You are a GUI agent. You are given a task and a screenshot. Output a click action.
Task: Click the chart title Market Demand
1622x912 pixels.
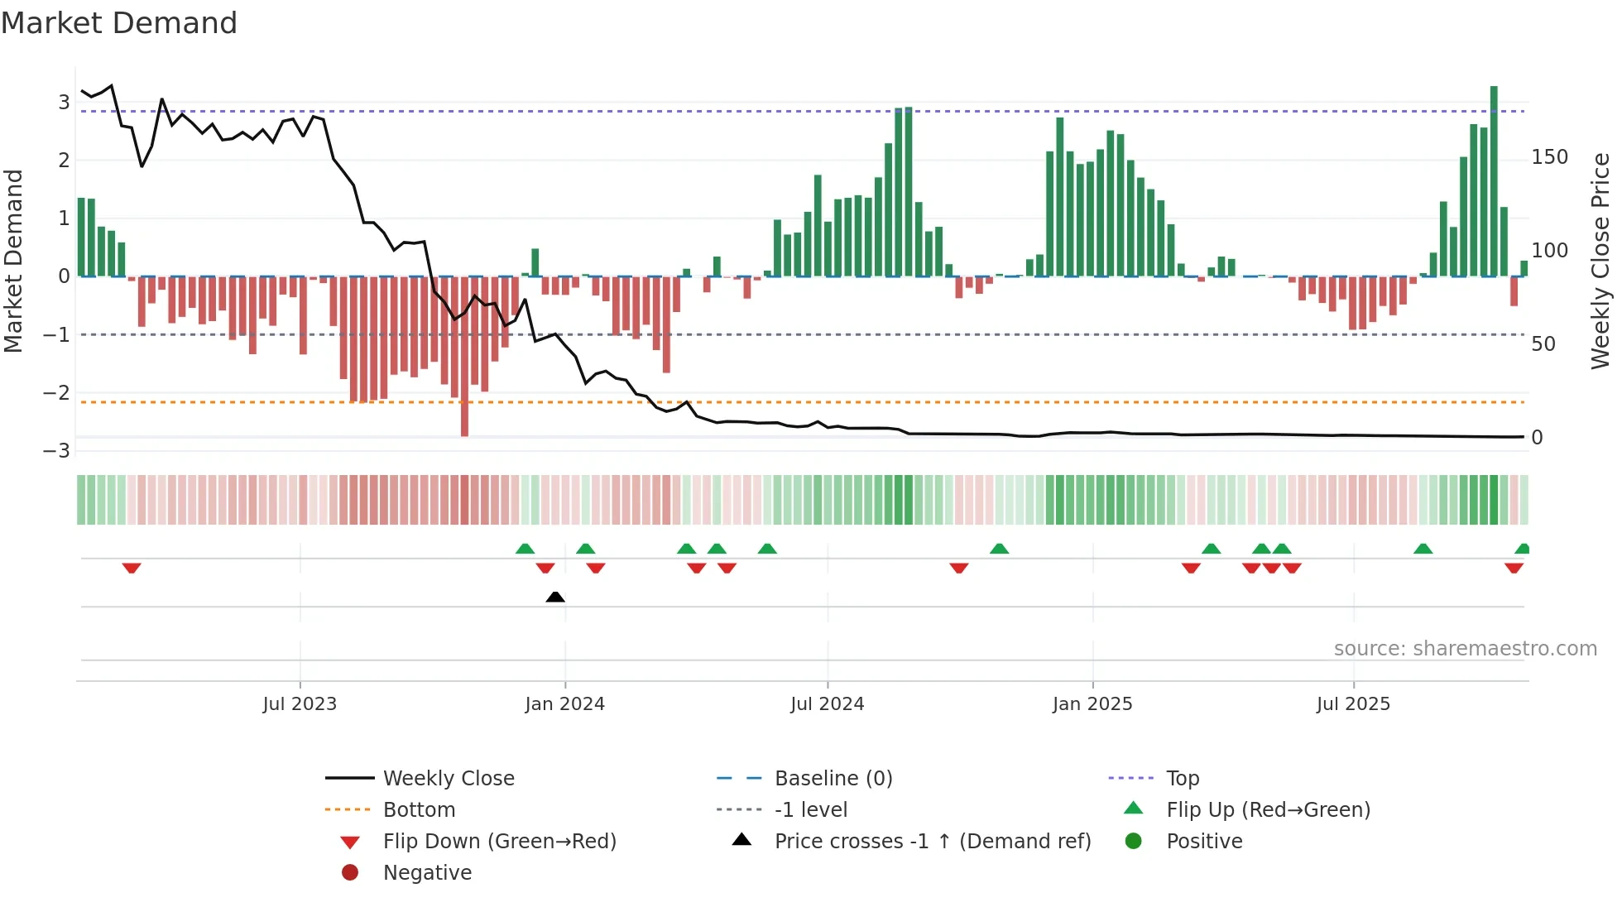tap(119, 23)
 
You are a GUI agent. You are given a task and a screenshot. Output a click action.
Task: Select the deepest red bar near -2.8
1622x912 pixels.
tap(464, 356)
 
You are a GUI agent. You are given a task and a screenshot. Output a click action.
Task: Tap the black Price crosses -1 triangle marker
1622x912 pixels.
tap(555, 597)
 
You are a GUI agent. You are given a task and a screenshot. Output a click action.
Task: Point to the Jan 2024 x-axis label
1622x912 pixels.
tap(564, 704)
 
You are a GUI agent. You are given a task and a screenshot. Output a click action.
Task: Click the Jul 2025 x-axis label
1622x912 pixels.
tap(1353, 704)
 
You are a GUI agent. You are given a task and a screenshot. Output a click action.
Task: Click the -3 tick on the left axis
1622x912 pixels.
tap(56, 451)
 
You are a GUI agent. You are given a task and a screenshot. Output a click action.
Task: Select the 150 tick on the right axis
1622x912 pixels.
tap(1549, 157)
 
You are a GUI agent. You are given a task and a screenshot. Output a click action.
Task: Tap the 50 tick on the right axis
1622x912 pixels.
tap(1543, 344)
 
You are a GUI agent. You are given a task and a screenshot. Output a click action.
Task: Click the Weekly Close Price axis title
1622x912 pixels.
tap(1600, 261)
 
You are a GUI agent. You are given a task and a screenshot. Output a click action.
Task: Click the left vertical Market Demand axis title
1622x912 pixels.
tap(13, 261)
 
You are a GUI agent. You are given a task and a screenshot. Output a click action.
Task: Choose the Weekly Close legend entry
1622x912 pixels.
tap(448, 779)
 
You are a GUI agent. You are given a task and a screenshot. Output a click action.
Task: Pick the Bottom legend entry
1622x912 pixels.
tap(419, 810)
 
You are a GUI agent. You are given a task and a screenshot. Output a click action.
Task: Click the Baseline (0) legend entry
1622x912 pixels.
tap(833, 779)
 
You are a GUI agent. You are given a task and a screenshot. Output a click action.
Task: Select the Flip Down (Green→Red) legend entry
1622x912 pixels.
tap(499, 842)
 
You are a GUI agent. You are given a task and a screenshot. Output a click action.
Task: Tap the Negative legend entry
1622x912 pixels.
tap(427, 873)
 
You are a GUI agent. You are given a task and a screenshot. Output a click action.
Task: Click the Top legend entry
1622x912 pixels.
tap(1182, 779)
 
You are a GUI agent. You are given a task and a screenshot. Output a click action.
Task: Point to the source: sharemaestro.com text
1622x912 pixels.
tap(1465, 649)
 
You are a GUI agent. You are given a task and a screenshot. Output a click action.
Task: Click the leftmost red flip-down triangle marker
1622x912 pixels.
tap(132, 568)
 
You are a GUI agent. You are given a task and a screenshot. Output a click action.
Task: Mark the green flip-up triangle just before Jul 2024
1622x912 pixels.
tap(767, 549)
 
